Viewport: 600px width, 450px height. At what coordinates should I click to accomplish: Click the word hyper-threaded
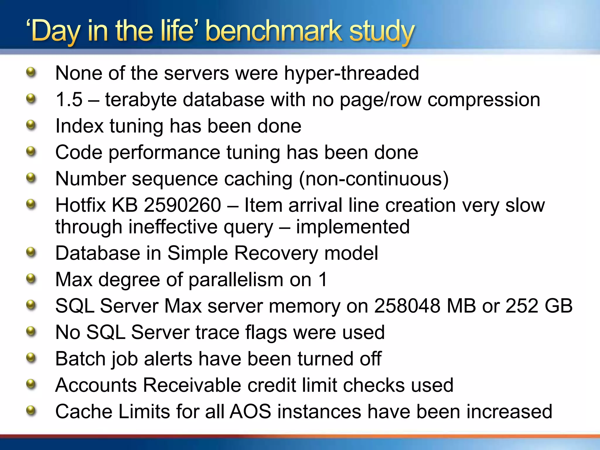[352, 73]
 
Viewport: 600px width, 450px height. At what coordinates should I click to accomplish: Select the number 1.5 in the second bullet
[69, 100]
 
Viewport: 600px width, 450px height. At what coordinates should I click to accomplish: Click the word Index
[79, 126]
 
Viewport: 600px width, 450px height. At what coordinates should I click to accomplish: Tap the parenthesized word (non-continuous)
[374, 179]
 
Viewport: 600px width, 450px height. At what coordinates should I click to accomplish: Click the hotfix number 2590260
[183, 205]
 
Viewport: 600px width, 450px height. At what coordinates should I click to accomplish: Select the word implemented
[353, 227]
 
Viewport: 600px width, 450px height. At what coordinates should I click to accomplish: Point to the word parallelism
[236, 280]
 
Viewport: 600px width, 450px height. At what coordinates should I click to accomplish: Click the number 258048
[407, 306]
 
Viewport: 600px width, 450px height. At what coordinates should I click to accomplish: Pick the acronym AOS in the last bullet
[250, 412]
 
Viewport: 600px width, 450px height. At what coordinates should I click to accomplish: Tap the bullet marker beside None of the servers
[31, 72]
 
